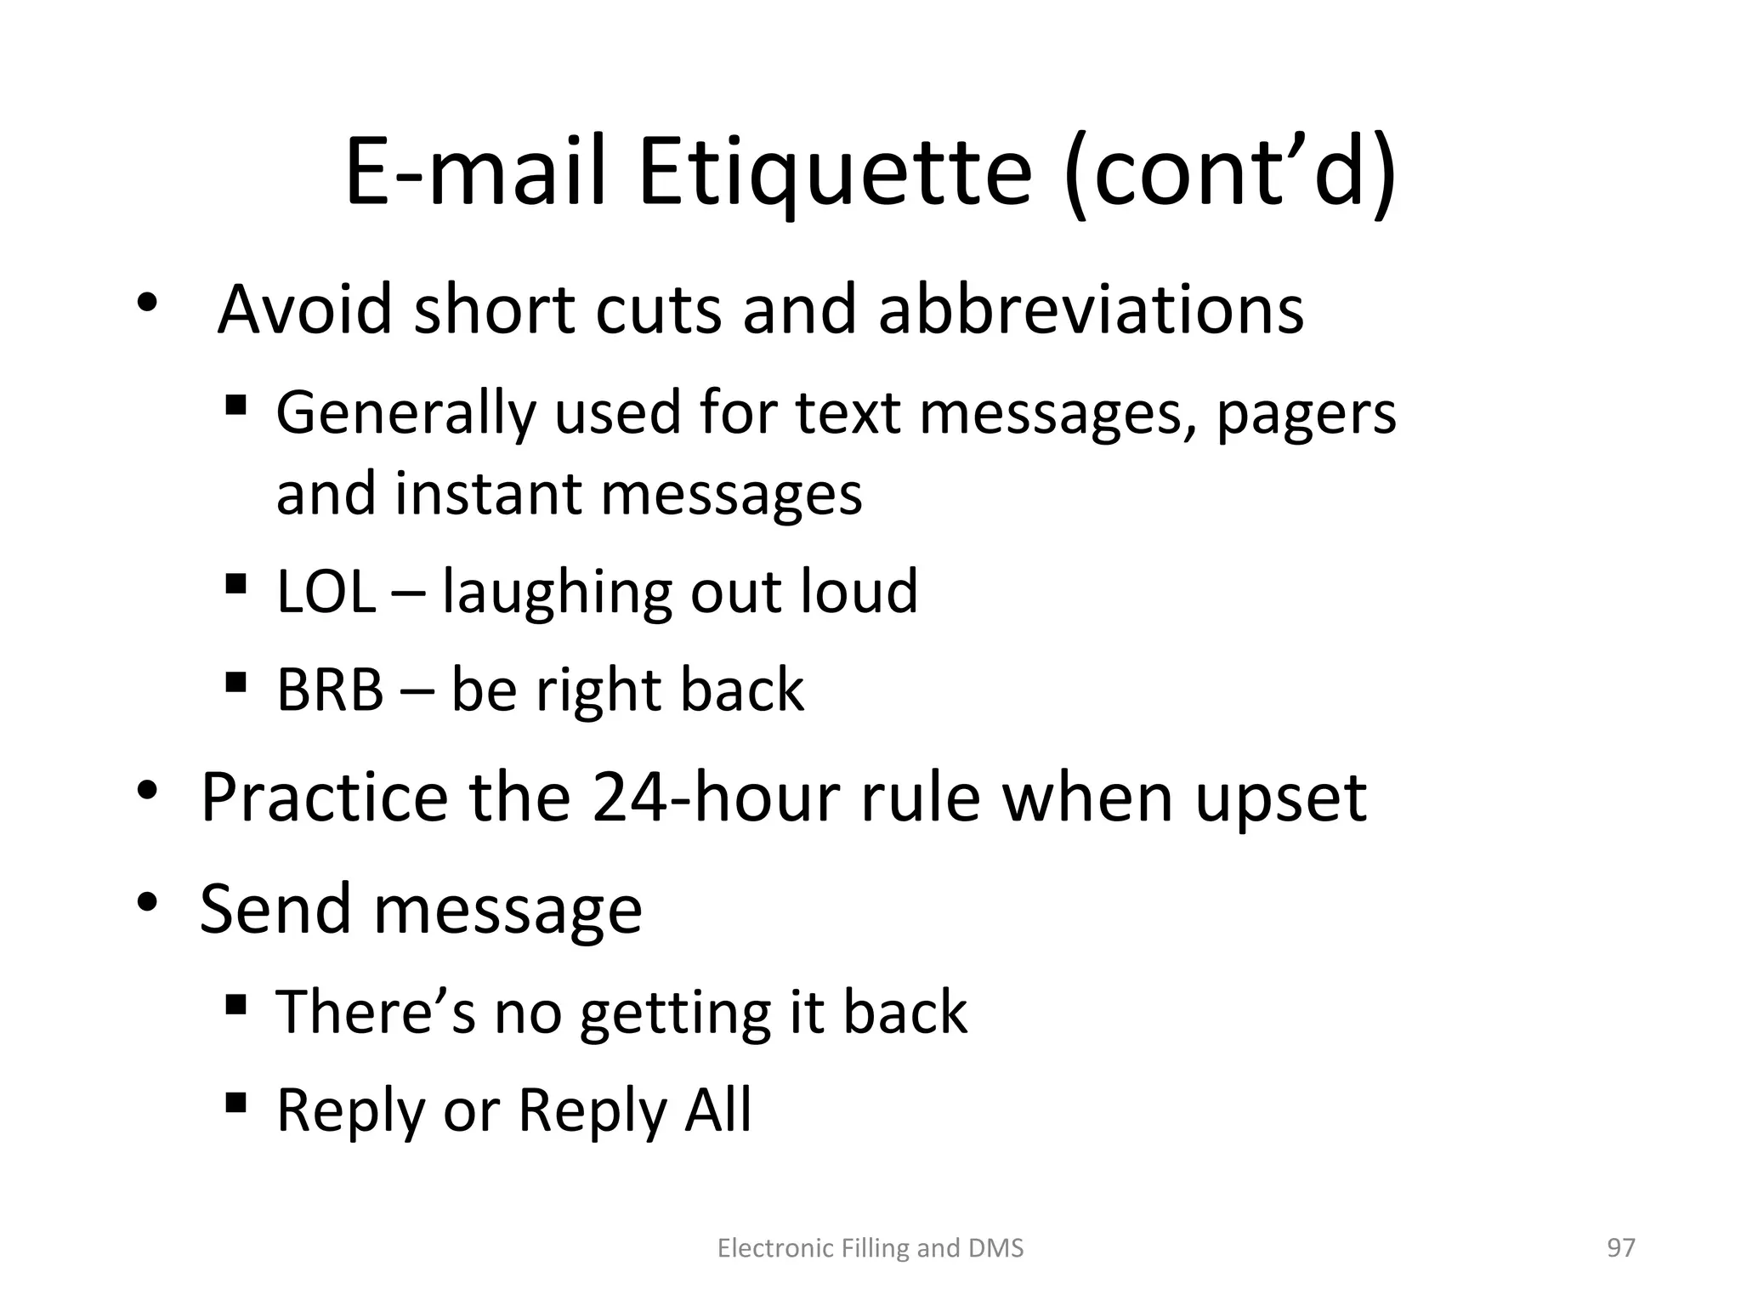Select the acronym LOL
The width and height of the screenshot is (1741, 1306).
click(326, 592)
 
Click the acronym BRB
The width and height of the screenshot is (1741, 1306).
click(330, 690)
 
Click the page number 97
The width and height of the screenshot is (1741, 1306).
click(1620, 1247)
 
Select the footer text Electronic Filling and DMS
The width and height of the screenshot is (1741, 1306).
click(870, 1248)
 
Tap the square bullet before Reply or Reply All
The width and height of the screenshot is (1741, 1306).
click(236, 1103)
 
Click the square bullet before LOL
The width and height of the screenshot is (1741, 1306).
click(236, 584)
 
